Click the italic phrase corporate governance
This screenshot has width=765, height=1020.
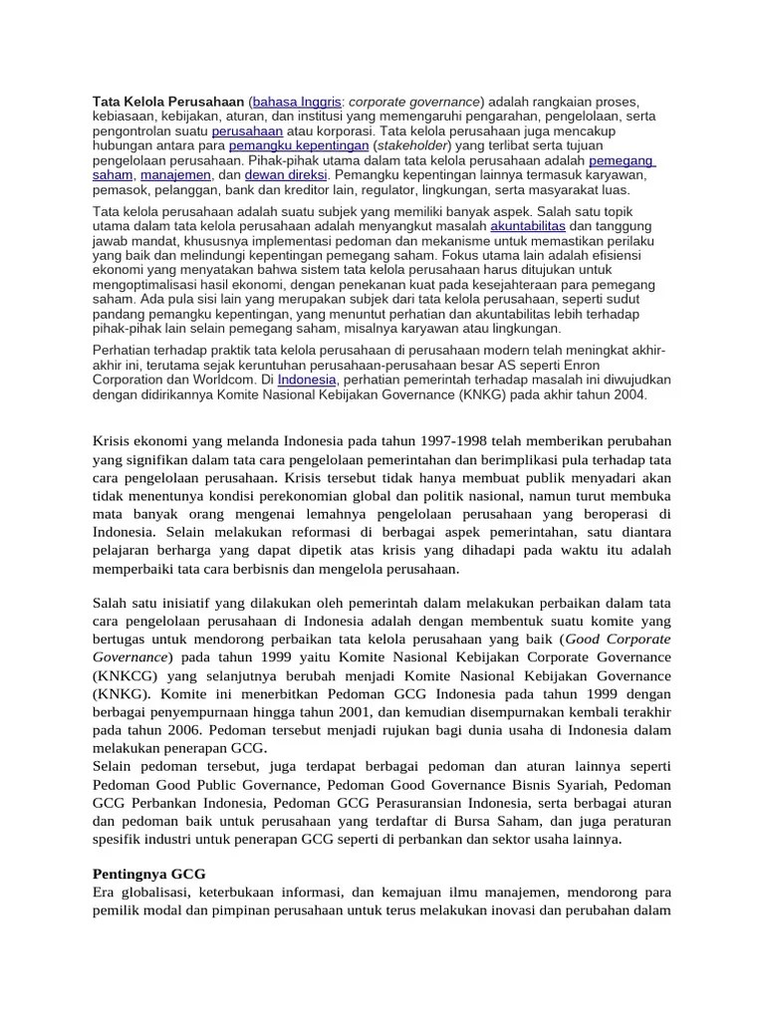(x=413, y=103)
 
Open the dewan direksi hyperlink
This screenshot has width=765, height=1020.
(x=265, y=174)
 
